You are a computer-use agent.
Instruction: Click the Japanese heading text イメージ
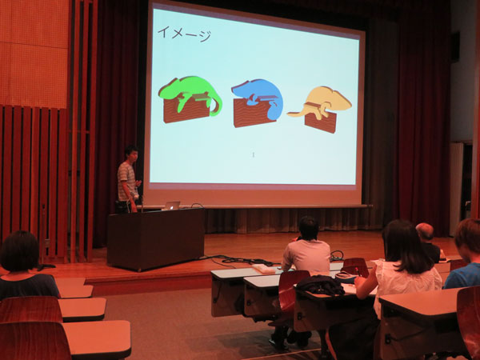click(184, 34)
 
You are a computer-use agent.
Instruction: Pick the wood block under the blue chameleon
click(253, 114)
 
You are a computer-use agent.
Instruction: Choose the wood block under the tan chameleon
click(320, 122)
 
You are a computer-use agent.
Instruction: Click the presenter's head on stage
click(131, 154)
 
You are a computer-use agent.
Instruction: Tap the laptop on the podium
click(172, 205)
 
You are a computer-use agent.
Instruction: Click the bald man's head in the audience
click(425, 232)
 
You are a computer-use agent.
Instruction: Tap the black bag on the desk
click(321, 286)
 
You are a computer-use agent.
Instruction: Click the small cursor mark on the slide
click(254, 155)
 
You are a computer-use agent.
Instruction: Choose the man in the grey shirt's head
click(309, 228)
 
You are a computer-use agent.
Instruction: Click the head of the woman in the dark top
click(19, 252)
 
